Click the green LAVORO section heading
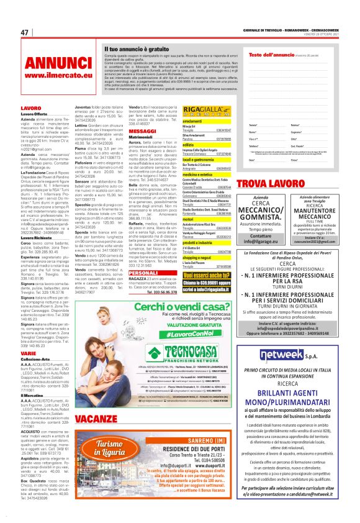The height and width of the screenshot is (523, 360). pyautogui.click(x=31, y=108)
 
